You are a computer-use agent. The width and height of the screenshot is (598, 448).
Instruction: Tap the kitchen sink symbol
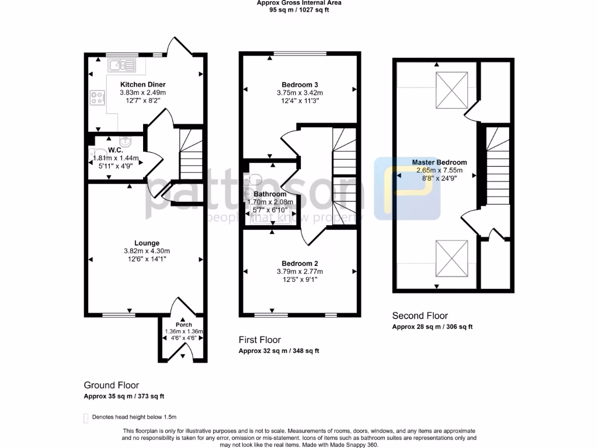click(121, 65)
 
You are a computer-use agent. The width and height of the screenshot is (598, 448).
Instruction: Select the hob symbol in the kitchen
click(96, 99)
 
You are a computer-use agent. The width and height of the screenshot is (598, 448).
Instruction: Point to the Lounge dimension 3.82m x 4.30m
click(147, 251)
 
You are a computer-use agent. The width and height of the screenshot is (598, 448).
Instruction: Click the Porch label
click(184, 325)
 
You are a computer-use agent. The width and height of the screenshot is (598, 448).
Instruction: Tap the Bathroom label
click(270, 194)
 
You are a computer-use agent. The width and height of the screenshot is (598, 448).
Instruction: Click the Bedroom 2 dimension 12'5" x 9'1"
click(300, 279)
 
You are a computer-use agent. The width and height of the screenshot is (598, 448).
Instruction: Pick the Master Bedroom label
click(439, 163)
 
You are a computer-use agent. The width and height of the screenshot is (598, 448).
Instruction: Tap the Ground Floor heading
click(112, 385)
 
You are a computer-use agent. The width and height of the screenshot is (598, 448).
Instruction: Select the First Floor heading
click(260, 339)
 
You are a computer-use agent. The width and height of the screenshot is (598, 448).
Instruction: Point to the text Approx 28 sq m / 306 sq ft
click(432, 327)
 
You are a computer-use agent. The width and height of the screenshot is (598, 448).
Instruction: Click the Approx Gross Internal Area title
click(299, 3)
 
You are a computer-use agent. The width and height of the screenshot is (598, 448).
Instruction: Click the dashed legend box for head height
click(87, 417)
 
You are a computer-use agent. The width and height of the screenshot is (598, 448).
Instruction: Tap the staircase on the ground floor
click(190, 155)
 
